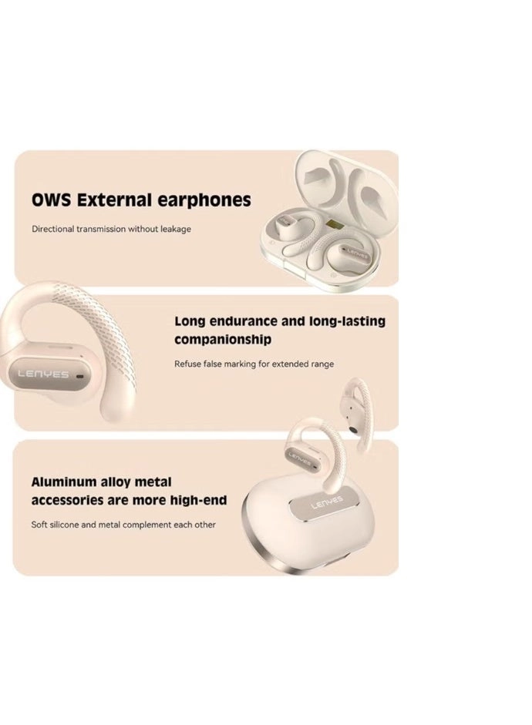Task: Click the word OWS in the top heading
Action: [50, 200]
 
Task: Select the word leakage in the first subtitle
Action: [174, 229]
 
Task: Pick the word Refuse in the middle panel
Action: [187, 364]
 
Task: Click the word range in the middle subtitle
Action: [322, 364]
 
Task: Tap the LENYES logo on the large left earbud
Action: [42, 374]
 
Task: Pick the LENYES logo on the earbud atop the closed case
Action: [300, 456]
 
